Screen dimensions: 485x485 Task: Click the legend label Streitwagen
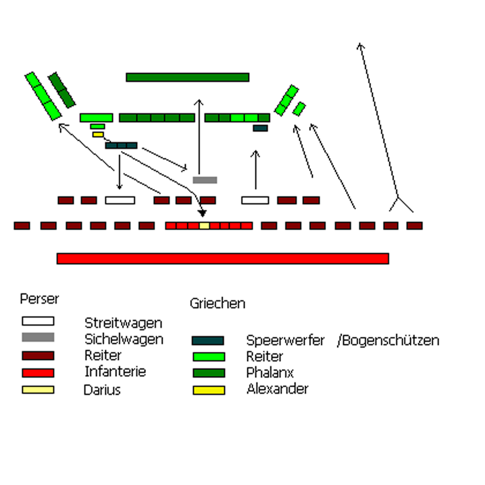(x=123, y=323)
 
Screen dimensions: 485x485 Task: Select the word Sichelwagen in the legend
(x=124, y=339)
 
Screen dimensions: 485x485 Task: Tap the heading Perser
(x=39, y=299)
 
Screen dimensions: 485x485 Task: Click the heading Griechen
(x=217, y=303)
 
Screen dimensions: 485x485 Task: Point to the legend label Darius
(x=102, y=390)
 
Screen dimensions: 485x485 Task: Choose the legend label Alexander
(x=277, y=389)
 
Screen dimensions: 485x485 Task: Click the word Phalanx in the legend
(x=270, y=372)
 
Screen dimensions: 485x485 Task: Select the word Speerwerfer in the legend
(x=285, y=340)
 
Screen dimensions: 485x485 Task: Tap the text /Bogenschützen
(x=388, y=340)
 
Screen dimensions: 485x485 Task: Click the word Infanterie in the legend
(x=115, y=372)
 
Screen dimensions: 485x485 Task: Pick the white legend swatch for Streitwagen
(x=38, y=321)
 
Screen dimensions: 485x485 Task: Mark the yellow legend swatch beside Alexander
(x=208, y=390)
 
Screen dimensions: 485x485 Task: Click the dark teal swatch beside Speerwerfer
(x=208, y=341)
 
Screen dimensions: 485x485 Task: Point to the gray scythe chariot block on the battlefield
(x=204, y=180)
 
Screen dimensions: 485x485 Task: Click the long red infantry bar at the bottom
(x=222, y=259)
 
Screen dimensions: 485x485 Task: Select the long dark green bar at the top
(x=187, y=77)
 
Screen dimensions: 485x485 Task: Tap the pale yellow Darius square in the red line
(x=204, y=226)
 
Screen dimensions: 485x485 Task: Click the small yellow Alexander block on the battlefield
(x=98, y=135)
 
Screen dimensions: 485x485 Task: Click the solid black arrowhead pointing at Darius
(x=203, y=213)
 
